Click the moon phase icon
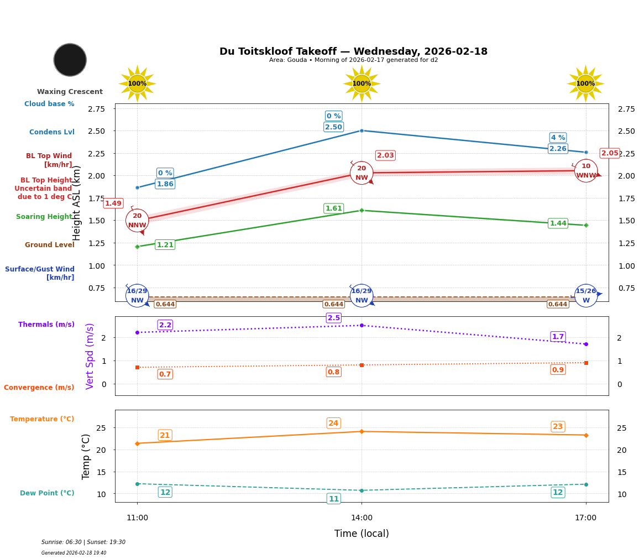pyautogui.click(x=70, y=60)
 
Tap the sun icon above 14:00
pyautogui.click(x=362, y=83)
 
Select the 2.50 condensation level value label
pyautogui.click(x=333, y=127)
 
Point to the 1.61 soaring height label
pyautogui.click(x=333, y=208)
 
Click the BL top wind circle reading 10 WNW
pyautogui.click(x=585, y=171)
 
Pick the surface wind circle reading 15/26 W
pyautogui.click(x=585, y=295)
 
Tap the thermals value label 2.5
pyautogui.click(x=334, y=318)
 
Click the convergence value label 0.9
pyautogui.click(x=558, y=369)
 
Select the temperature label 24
pyautogui.click(x=333, y=424)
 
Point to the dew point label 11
pyautogui.click(x=334, y=499)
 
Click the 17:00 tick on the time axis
pyautogui.click(x=585, y=518)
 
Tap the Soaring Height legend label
pyautogui.click(x=44, y=217)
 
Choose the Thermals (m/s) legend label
pyautogui.click(x=46, y=325)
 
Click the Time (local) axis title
pyautogui.click(x=362, y=534)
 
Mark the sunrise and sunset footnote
pyautogui.click(x=83, y=542)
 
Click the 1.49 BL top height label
pyautogui.click(x=113, y=203)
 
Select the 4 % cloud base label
pyautogui.click(x=558, y=138)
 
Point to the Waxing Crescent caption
pyautogui.click(x=70, y=92)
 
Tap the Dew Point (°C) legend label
pyautogui.click(x=47, y=493)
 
